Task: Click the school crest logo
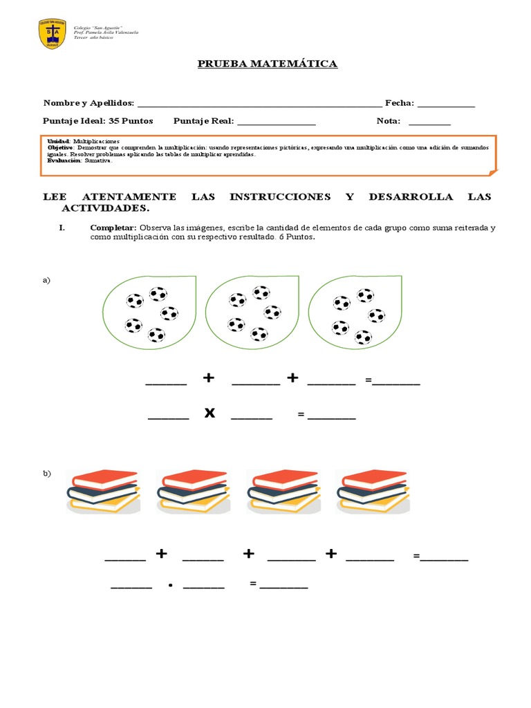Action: [x=53, y=34]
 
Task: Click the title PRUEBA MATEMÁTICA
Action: [x=267, y=64]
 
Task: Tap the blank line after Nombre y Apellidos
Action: [x=259, y=105]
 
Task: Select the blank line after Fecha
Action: [x=446, y=105]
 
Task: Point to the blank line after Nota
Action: [x=429, y=122]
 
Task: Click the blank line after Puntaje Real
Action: [x=276, y=122]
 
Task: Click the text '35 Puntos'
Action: [x=131, y=121]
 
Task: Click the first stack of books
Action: [x=104, y=491]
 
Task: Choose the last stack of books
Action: [x=373, y=491]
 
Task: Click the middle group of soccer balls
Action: [x=250, y=310]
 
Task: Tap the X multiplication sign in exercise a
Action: [x=209, y=413]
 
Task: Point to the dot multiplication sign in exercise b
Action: [x=169, y=585]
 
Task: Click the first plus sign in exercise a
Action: [x=209, y=378]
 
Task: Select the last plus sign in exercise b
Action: [x=331, y=554]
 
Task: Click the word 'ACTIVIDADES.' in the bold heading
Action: [x=105, y=208]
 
